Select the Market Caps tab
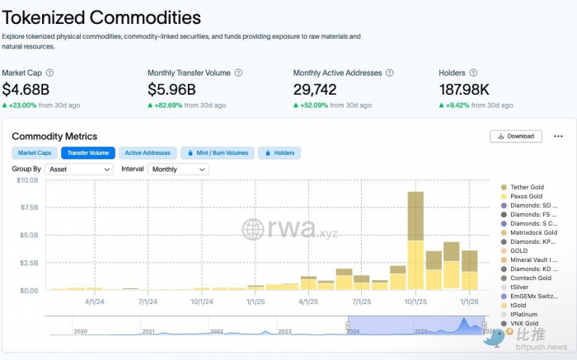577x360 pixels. click(35, 152)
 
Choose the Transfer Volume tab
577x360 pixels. click(88, 152)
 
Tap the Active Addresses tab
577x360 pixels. click(148, 152)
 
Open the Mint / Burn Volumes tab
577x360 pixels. click(218, 152)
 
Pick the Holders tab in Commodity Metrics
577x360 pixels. click(279, 152)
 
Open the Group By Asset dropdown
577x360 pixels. click(79, 169)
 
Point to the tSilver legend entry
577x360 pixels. click(522, 288)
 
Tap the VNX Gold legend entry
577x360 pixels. click(526, 324)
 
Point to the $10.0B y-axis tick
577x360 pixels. click(27, 180)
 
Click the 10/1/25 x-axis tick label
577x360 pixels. click(415, 302)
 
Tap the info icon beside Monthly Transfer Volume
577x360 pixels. click(239, 72)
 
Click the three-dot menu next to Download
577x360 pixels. click(558, 136)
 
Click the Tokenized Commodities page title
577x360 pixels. click(101, 16)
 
